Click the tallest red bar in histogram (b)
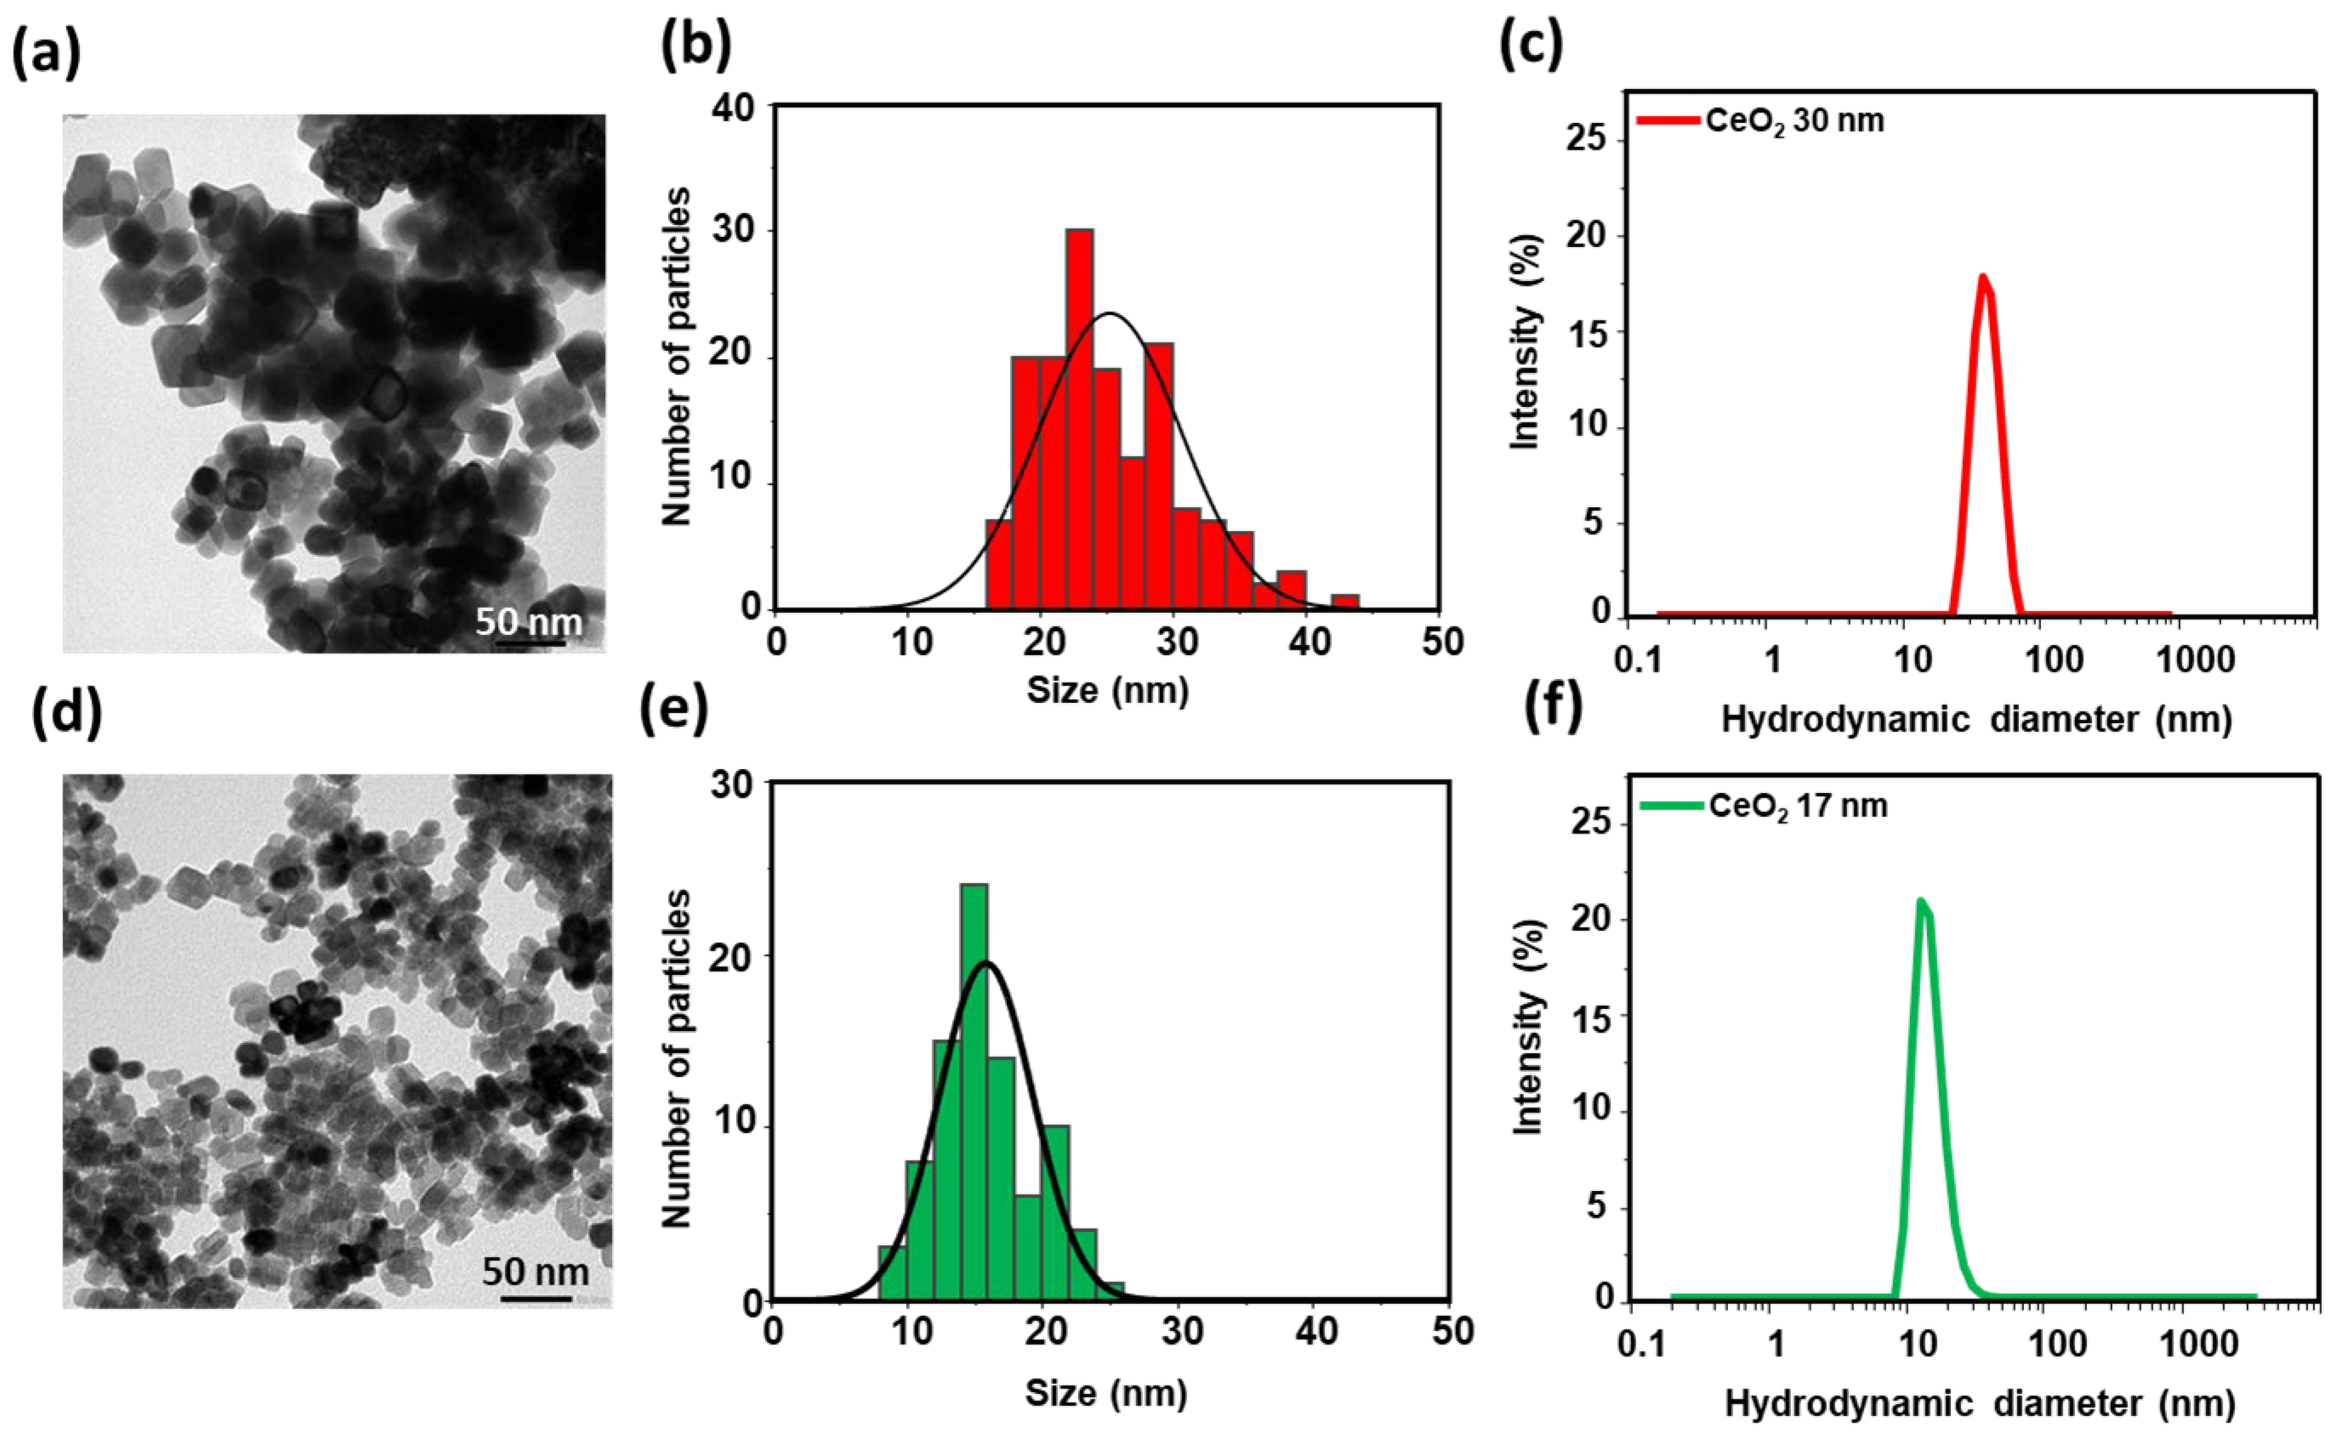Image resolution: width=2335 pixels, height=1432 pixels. [1079, 417]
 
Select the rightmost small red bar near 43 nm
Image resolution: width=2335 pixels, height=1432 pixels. [1344, 602]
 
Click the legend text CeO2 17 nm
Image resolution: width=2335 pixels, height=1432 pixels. [1798, 807]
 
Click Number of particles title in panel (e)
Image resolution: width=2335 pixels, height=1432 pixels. [677, 1057]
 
